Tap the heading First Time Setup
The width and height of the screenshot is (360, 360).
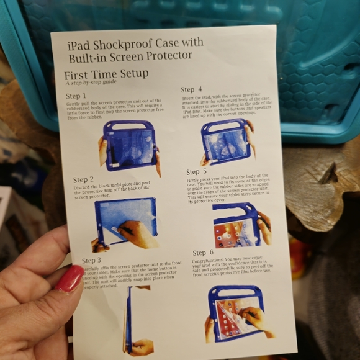coord(106,74)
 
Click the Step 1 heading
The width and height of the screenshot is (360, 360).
coord(76,96)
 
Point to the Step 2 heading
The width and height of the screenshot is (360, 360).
coord(84,180)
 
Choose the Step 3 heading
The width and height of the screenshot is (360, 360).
coord(91,261)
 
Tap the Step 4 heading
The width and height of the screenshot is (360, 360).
coord(192,90)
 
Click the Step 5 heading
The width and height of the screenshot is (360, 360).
coord(197,172)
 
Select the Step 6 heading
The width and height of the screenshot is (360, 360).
coord(203,253)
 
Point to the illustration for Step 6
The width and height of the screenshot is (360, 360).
coord(240,313)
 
